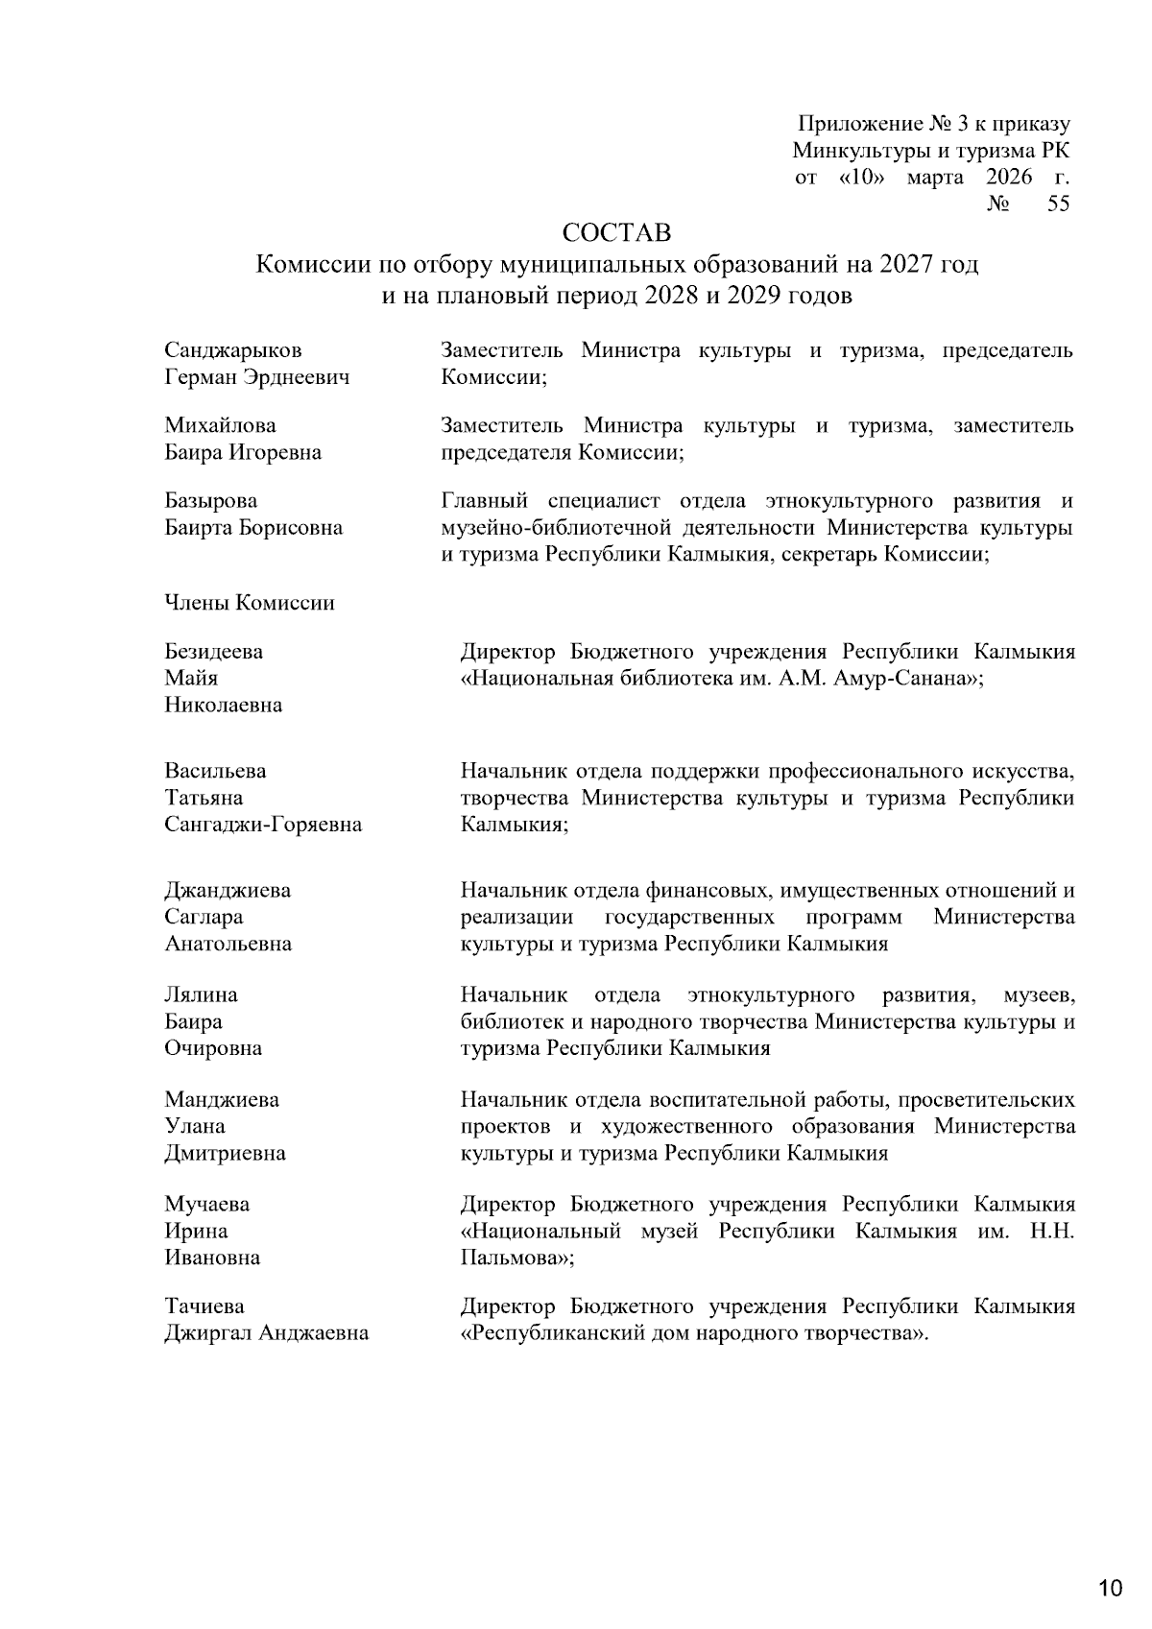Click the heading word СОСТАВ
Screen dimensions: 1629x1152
click(x=615, y=233)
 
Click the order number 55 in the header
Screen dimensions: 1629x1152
click(x=1058, y=204)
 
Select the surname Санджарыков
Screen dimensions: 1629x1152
click(x=232, y=350)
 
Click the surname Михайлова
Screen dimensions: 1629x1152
click(x=220, y=425)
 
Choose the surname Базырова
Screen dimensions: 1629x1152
click(x=211, y=501)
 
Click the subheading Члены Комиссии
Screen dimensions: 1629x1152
click(x=250, y=603)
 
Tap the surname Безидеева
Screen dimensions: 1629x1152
click(x=213, y=652)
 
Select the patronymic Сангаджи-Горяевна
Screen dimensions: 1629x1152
click(x=263, y=825)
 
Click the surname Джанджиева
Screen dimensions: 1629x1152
click(x=228, y=890)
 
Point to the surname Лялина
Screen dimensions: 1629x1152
click(x=201, y=994)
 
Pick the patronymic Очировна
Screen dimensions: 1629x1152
click(x=213, y=1048)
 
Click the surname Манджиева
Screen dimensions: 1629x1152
click(x=222, y=1099)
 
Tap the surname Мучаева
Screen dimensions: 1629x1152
click(x=206, y=1204)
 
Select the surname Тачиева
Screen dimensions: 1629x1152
click(x=204, y=1306)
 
